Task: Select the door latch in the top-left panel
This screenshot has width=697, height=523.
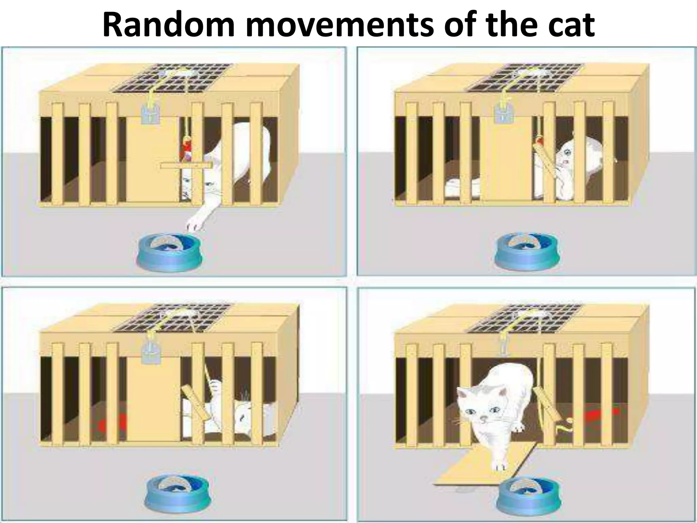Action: [x=150, y=111]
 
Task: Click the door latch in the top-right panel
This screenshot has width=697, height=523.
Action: [x=503, y=111]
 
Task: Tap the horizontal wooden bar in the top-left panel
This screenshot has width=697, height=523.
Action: [x=186, y=165]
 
